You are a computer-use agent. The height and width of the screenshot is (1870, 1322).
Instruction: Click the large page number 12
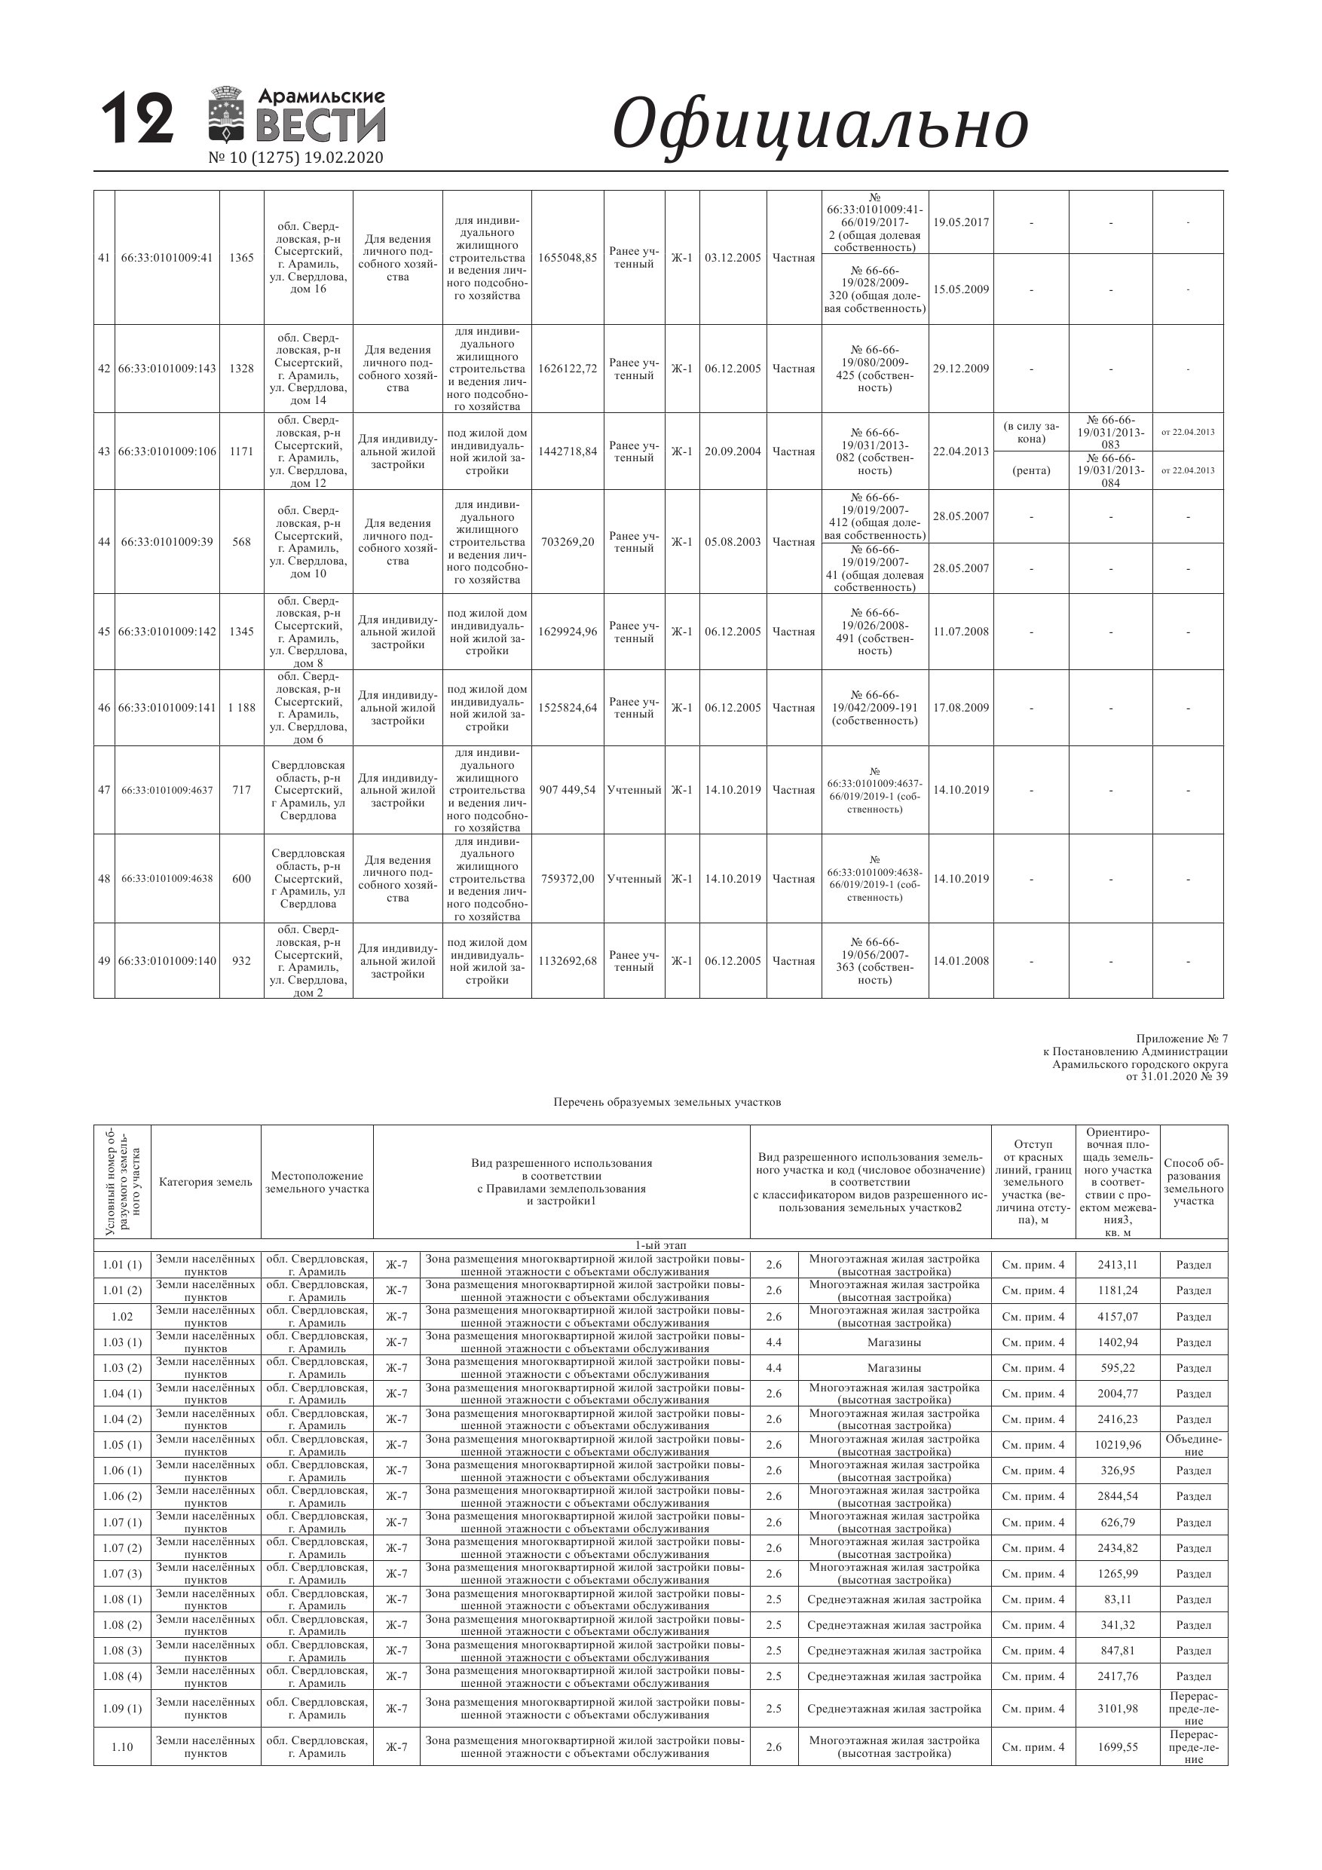[138, 120]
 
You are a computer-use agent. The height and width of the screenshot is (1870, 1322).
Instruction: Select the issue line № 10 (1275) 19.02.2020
[295, 158]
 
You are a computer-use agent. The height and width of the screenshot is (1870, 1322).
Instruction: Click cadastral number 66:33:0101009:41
[167, 259]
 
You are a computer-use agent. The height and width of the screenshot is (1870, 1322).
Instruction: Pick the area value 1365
[242, 259]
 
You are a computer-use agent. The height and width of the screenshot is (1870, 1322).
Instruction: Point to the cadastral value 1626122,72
[568, 369]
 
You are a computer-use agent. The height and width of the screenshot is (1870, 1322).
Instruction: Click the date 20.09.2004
[733, 452]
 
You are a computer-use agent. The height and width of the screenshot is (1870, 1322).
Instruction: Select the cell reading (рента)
[1031, 471]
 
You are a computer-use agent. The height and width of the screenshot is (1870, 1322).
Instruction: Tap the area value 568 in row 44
[242, 543]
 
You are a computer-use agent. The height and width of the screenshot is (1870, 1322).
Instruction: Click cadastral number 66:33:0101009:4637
[167, 790]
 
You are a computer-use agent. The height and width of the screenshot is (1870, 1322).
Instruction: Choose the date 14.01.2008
[961, 961]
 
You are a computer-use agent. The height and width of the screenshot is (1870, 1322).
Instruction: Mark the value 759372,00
[568, 880]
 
